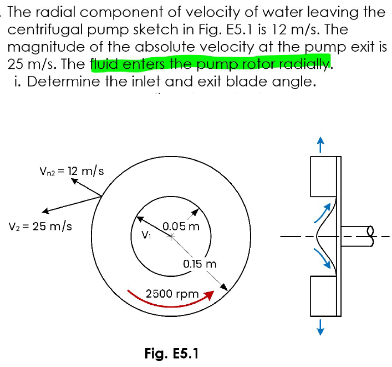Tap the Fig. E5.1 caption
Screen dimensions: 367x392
[x=171, y=353]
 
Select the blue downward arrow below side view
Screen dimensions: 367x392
[x=319, y=329]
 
